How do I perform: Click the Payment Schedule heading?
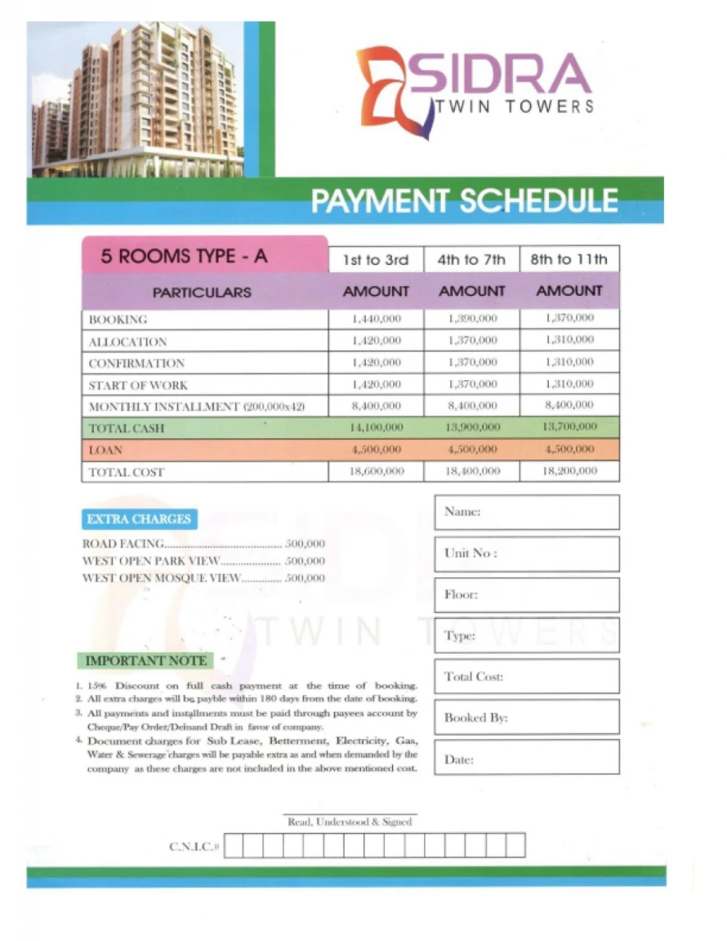pyautogui.click(x=464, y=201)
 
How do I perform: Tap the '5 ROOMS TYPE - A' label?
pyautogui.click(x=184, y=257)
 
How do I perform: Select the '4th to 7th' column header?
pyautogui.click(x=471, y=260)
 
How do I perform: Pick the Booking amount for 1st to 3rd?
pyautogui.click(x=376, y=319)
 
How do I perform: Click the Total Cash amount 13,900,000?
pyautogui.click(x=471, y=428)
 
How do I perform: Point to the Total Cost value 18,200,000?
pyautogui.click(x=569, y=472)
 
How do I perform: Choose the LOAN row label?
pyautogui.click(x=105, y=450)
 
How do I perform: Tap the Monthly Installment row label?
pyautogui.click(x=196, y=406)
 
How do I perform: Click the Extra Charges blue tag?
pyautogui.click(x=139, y=519)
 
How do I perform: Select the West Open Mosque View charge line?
pyautogui.click(x=203, y=578)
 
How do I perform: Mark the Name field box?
pyautogui.click(x=526, y=513)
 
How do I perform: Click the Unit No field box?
pyautogui.click(x=526, y=554)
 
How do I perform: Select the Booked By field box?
pyautogui.click(x=526, y=718)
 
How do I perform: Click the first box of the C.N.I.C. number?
pyautogui.click(x=233, y=845)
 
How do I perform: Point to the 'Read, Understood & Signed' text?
pyautogui.click(x=350, y=822)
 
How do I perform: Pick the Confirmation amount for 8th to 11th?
pyautogui.click(x=569, y=362)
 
